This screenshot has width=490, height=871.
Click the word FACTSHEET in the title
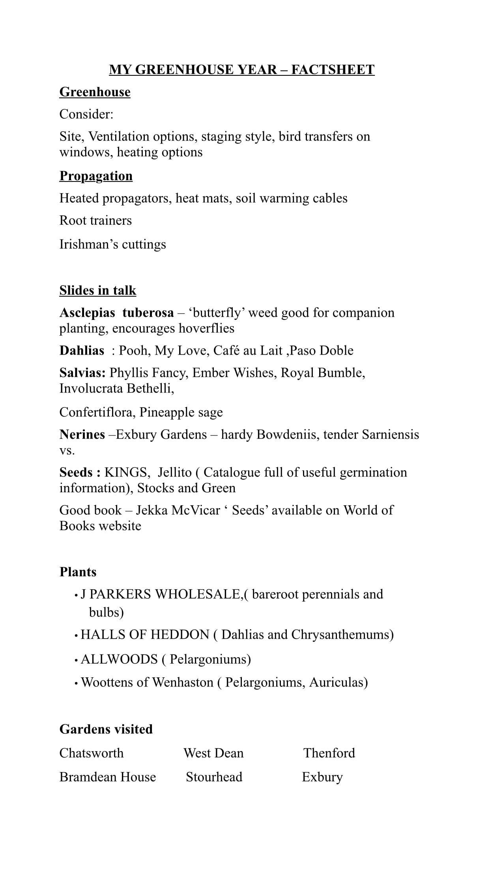click(333, 69)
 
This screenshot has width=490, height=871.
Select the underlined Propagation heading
click(96, 176)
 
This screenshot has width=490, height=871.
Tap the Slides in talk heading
click(98, 290)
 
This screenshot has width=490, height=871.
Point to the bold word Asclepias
click(87, 312)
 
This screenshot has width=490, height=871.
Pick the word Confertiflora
click(97, 412)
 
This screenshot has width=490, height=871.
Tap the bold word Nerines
click(82, 434)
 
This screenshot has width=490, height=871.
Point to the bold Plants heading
click(78, 572)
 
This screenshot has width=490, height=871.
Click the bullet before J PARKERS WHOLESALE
click(75, 595)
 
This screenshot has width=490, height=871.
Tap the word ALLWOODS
click(119, 659)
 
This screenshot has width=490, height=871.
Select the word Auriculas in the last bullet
click(338, 682)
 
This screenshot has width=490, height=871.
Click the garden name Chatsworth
click(91, 753)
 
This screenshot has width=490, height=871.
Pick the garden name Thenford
click(329, 753)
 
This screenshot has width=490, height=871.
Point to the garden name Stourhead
click(214, 777)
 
